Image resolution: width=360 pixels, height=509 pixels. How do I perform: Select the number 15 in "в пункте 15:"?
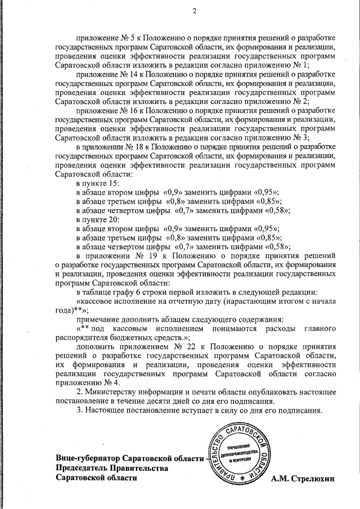[111, 184]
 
